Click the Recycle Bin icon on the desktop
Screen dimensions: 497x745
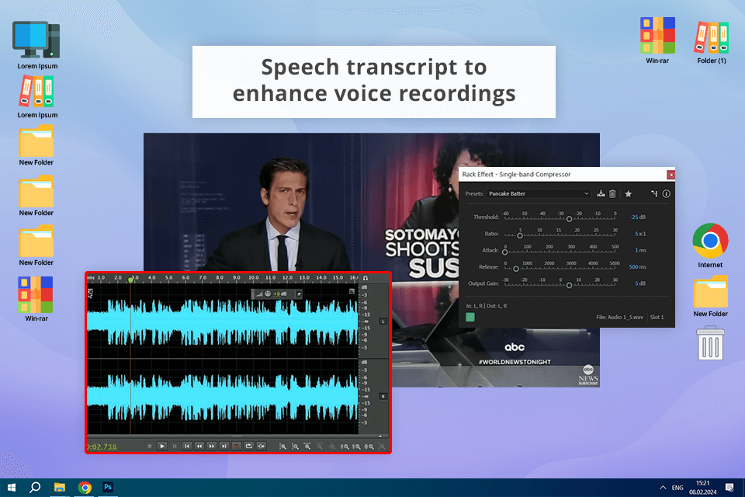pos(710,342)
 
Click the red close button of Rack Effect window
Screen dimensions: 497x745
pos(670,176)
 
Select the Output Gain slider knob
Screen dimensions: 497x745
pos(569,285)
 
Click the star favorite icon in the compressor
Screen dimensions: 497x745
pos(629,193)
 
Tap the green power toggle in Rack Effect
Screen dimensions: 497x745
pos(470,317)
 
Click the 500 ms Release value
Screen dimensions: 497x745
pos(637,267)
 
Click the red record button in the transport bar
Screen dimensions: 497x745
pos(236,446)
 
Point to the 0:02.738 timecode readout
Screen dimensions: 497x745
pos(102,447)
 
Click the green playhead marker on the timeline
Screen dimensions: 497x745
pos(131,278)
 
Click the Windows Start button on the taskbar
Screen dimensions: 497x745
pos(11,487)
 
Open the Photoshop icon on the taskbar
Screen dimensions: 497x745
pos(109,487)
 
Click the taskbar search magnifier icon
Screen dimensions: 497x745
pos(35,487)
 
